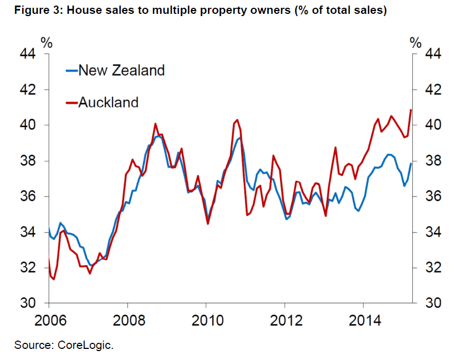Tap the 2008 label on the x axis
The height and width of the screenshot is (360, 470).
[127, 321]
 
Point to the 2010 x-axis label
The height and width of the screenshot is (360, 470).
[206, 321]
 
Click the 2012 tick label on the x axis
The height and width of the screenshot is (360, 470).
[284, 321]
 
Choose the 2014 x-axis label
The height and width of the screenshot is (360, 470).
[362, 321]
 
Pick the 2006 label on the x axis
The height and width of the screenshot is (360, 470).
[49, 321]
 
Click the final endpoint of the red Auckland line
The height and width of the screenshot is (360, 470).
[411, 110]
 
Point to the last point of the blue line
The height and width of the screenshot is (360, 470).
[411, 163]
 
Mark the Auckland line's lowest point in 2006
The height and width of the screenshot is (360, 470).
[54, 279]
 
